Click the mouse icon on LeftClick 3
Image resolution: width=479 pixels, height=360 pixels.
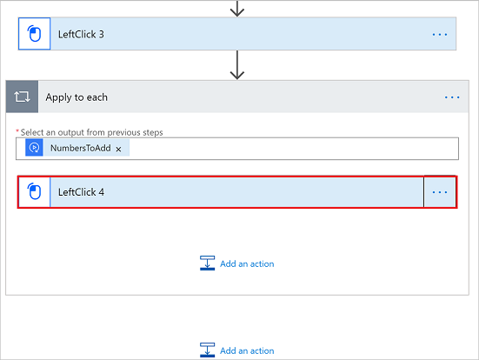[34, 34]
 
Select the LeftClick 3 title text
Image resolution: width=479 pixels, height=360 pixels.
[81, 34]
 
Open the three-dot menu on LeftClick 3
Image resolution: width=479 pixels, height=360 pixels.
[440, 35]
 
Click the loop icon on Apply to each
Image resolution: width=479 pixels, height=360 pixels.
[22, 97]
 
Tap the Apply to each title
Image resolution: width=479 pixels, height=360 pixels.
[77, 97]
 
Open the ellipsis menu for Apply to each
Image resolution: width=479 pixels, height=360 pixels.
[452, 97]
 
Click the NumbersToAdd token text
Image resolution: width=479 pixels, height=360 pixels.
[81, 148]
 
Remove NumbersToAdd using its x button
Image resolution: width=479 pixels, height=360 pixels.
[118, 150]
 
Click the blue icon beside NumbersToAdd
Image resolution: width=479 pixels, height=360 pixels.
[34, 148]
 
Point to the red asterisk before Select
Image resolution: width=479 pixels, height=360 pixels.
[17, 130]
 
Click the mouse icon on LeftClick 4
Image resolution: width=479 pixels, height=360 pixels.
[34, 191]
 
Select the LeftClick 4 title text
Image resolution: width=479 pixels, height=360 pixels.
[81, 192]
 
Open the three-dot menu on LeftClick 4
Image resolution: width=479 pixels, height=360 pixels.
[440, 192]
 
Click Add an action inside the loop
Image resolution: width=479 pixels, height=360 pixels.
[247, 263]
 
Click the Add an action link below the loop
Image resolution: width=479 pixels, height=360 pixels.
[247, 350]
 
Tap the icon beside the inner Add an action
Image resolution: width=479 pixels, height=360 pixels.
[207, 263]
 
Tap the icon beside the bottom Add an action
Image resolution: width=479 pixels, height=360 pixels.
[207, 350]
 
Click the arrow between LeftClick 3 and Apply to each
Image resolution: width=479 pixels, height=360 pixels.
[237, 65]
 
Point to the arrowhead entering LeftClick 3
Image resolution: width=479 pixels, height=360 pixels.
[237, 12]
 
